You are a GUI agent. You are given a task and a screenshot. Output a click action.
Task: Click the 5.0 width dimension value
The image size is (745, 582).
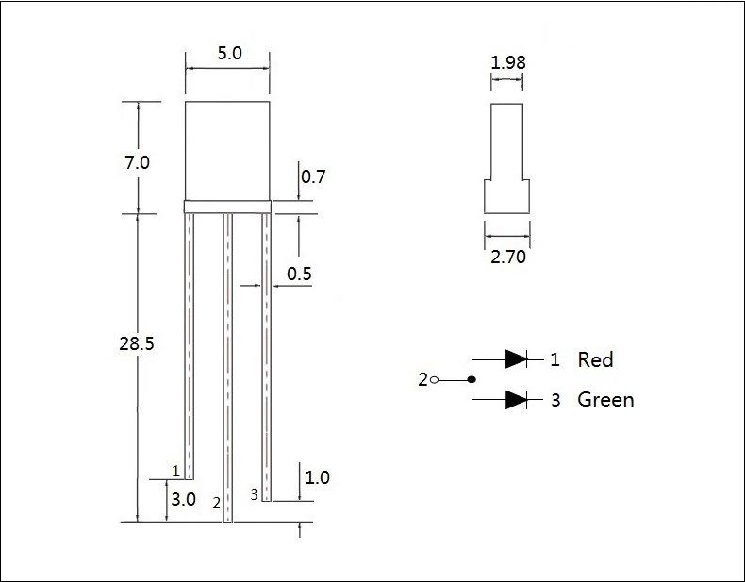click(229, 53)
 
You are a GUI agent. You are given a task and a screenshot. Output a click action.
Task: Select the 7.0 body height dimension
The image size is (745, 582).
click(137, 162)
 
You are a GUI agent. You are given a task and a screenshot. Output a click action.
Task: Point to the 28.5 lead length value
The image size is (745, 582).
click(137, 343)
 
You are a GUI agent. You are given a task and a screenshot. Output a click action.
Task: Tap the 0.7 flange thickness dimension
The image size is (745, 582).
click(313, 176)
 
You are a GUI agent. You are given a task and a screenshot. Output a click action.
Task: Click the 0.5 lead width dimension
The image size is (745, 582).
click(299, 274)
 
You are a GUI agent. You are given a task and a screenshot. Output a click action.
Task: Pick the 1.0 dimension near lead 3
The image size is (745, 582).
click(318, 477)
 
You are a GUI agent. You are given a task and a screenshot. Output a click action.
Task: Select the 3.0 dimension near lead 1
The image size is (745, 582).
click(183, 499)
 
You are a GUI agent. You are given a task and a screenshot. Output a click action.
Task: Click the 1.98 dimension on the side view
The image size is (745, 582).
click(508, 62)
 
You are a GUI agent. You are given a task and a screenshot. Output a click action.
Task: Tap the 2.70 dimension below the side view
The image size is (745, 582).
click(508, 257)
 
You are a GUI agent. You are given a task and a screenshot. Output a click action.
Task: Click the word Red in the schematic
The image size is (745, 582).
click(595, 359)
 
